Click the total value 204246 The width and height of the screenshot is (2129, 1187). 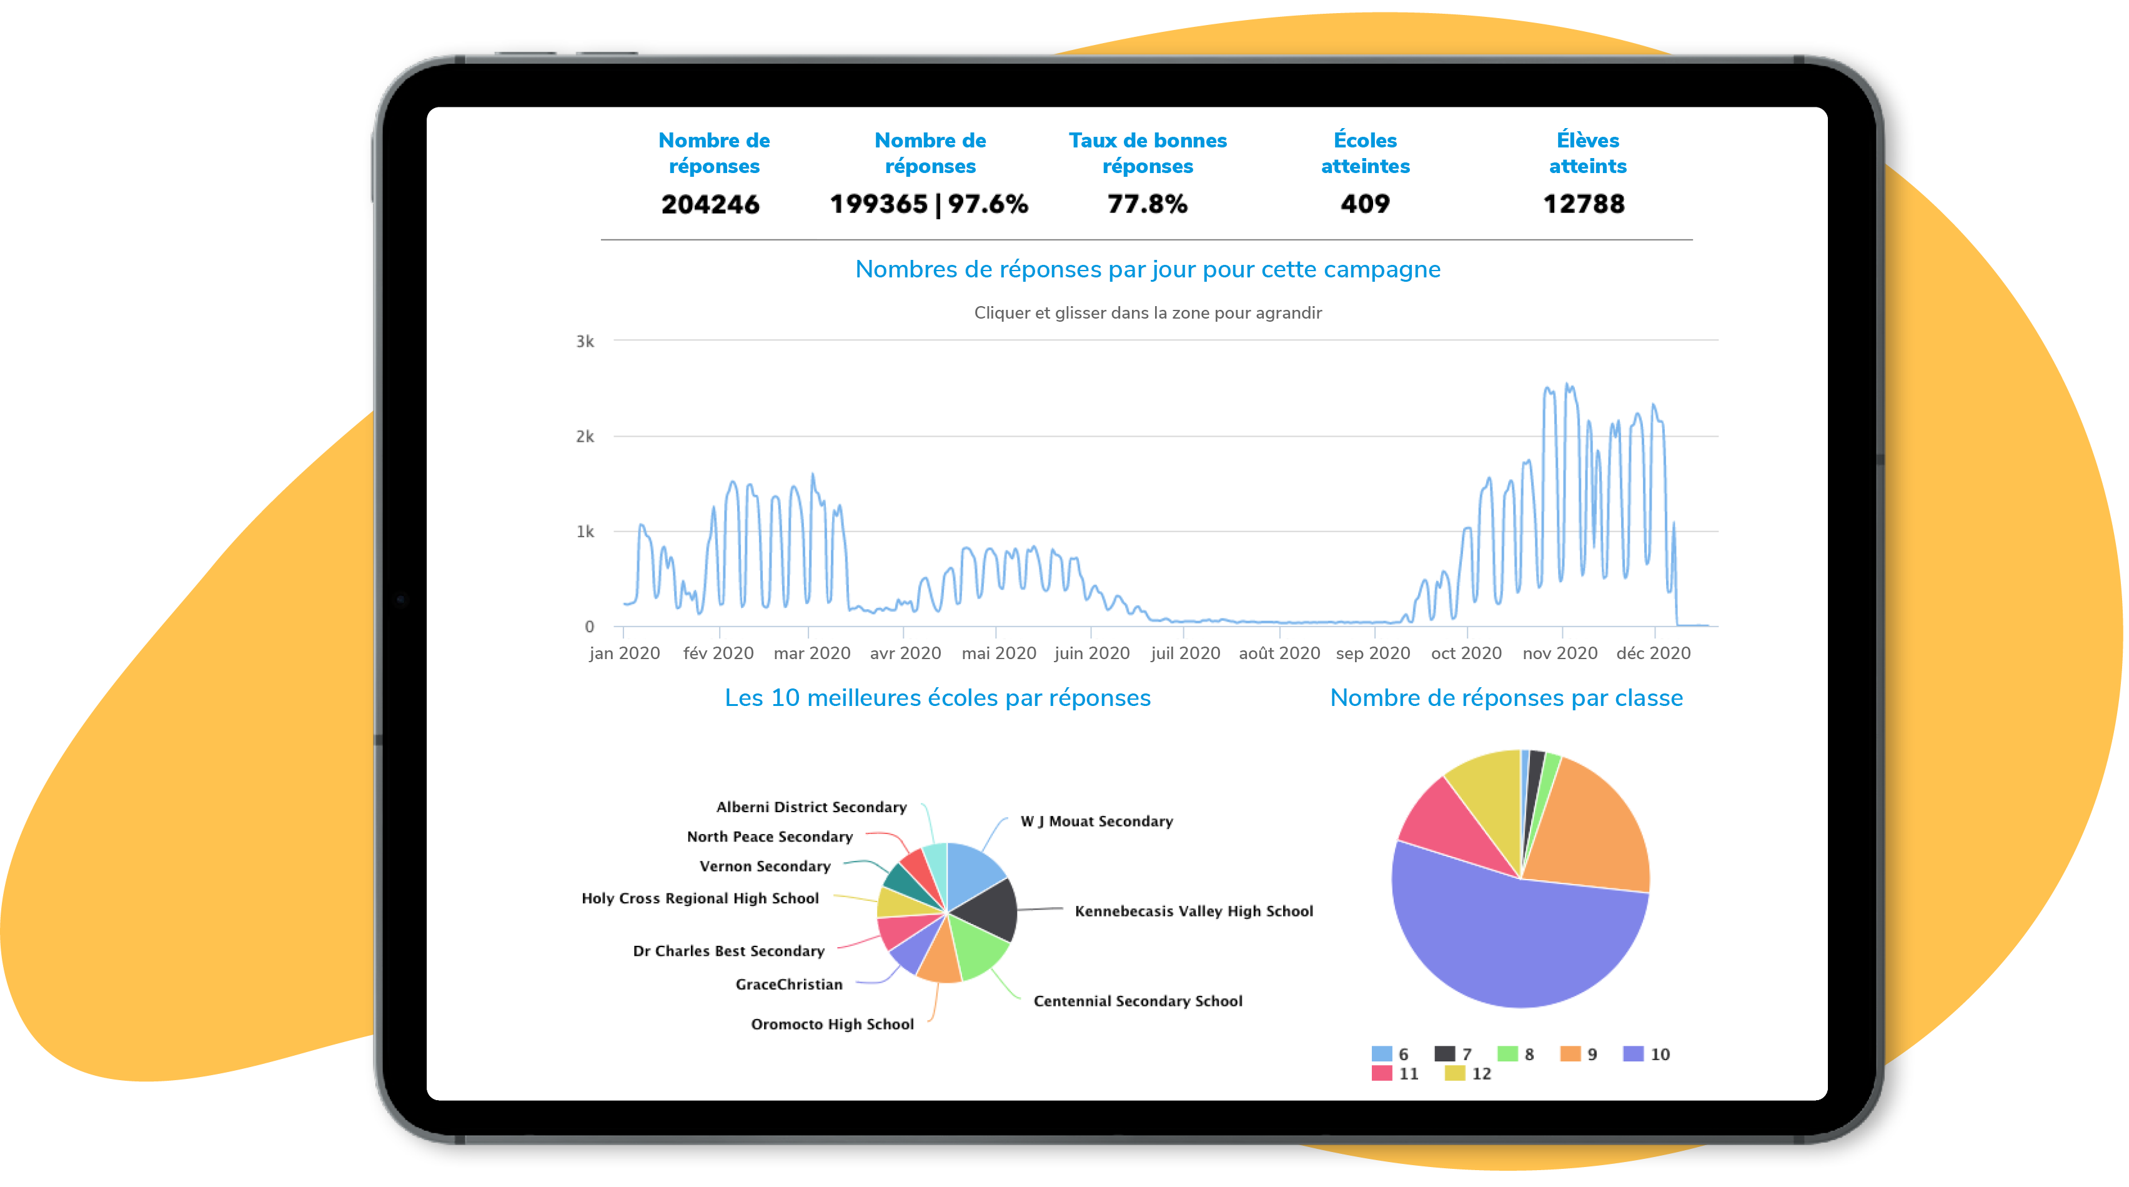tap(710, 204)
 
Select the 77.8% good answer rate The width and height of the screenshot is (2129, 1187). tap(1147, 204)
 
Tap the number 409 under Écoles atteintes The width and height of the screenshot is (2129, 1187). tap(1364, 204)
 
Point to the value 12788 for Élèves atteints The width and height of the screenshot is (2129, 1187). tap(1584, 204)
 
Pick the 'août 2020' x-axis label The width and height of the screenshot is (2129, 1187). tap(1279, 653)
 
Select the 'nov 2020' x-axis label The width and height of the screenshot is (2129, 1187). tap(1559, 653)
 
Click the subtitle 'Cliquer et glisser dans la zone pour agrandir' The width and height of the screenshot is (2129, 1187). tap(1147, 312)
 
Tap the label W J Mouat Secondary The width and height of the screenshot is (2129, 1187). tap(1096, 821)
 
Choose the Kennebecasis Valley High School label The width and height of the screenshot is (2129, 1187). tap(1193, 911)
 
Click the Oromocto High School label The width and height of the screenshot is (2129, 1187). tap(831, 1024)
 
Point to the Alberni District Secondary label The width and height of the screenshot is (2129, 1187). tap(811, 807)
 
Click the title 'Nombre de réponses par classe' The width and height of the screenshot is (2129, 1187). tap(1506, 698)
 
